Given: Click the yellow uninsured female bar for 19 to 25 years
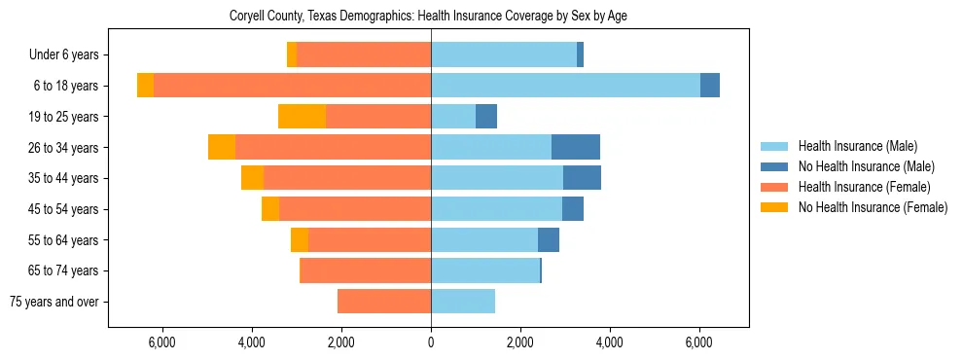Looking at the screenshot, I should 302,117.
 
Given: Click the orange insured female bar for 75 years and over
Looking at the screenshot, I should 384,302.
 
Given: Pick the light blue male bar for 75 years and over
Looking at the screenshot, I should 463,302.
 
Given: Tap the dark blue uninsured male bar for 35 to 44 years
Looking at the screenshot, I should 582,178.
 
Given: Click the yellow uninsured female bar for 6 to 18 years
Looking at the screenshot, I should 145,86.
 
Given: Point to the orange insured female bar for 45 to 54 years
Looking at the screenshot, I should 355,209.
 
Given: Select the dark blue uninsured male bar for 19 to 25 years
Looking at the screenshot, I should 486,117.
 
